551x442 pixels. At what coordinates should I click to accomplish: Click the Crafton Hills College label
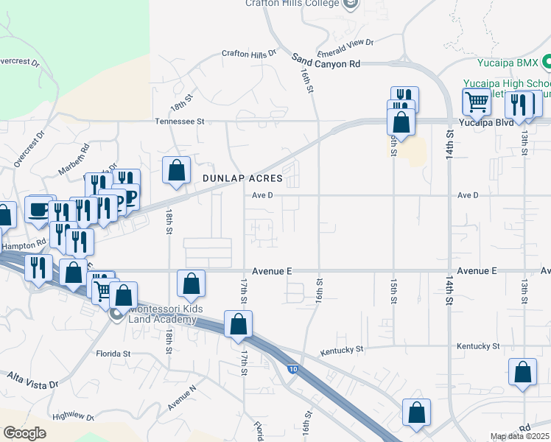pyautogui.click(x=292, y=4)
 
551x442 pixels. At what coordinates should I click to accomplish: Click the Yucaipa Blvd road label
pyautogui.click(x=481, y=122)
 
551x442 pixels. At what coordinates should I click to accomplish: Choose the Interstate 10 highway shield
pyautogui.click(x=292, y=369)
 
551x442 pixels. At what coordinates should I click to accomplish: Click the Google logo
pyautogui.click(x=24, y=433)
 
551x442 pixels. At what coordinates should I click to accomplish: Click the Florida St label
pyautogui.click(x=113, y=354)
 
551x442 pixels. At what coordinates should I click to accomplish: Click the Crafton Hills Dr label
pyautogui.click(x=249, y=54)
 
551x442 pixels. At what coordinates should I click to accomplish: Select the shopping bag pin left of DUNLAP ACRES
pyautogui.click(x=177, y=170)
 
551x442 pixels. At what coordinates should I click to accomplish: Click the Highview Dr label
pyautogui.click(x=74, y=417)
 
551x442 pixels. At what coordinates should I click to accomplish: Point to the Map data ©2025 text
pyautogui.click(x=520, y=436)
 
